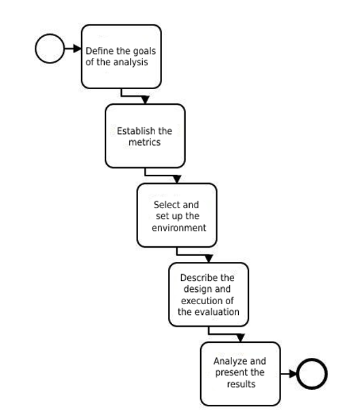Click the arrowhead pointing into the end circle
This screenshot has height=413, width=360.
293,374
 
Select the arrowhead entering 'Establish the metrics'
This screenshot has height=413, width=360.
145,100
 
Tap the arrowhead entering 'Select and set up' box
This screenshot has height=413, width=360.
177,180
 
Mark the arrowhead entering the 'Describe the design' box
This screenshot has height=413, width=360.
208,259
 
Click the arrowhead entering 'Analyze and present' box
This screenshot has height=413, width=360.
240,338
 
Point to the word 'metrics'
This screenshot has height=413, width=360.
144,142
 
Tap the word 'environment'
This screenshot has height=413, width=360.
179,228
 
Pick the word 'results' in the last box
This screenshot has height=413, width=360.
241,384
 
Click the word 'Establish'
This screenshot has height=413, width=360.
134,131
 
